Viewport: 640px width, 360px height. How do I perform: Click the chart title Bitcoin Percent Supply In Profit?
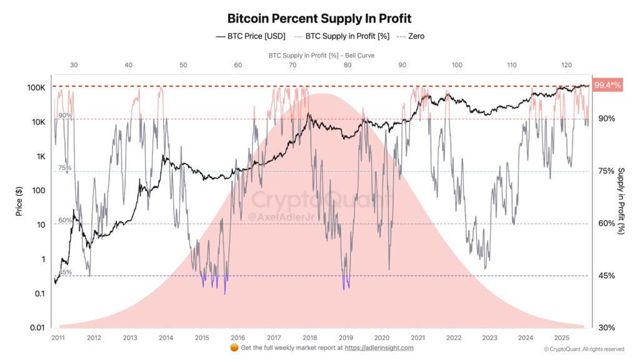coord(319,18)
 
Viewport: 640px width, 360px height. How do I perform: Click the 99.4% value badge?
coord(607,85)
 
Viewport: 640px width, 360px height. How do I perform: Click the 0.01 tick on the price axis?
coord(36,327)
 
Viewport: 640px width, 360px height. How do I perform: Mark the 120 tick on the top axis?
coord(567,65)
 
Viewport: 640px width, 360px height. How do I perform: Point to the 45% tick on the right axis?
coord(606,276)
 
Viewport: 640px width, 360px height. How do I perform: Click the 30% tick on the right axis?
coord(606,327)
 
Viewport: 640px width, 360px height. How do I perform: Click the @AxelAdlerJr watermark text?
coord(279,216)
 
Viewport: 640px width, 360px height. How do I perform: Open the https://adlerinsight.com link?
coord(380,347)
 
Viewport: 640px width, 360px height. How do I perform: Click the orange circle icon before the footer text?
coord(233,347)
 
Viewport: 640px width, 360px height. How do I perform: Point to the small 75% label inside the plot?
coord(65,168)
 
